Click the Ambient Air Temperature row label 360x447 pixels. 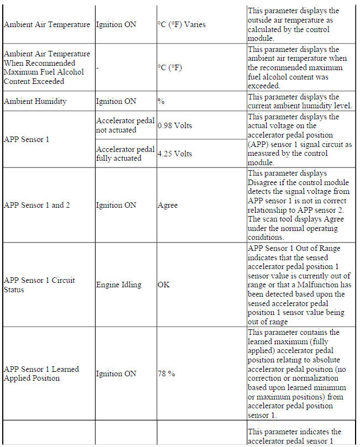(x=46, y=25)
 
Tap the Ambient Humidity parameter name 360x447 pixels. (x=35, y=102)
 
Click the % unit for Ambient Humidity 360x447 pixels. (x=161, y=102)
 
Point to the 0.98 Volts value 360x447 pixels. (x=174, y=125)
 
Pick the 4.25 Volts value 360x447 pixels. (x=174, y=154)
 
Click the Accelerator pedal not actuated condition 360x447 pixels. (x=125, y=125)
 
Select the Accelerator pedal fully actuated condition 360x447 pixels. (x=125, y=154)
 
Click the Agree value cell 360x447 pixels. (x=168, y=205)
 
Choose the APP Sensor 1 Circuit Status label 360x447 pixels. (x=39, y=285)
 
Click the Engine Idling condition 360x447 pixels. (x=118, y=285)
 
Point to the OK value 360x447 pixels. (x=163, y=285)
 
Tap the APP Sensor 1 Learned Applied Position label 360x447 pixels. (x=41, y=374)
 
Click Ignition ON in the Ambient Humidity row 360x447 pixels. (x=116, y=102)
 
